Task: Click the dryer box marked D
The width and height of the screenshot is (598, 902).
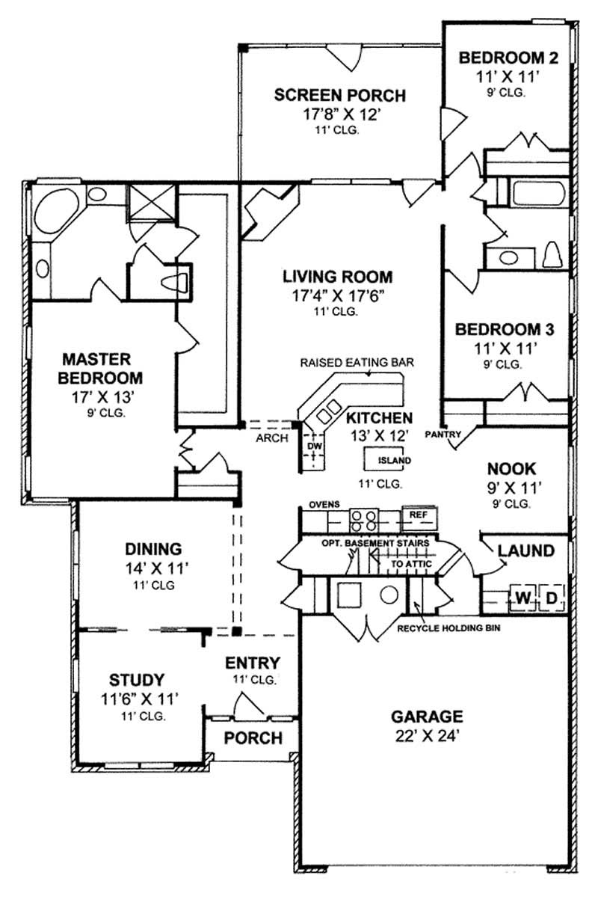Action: point(551,598)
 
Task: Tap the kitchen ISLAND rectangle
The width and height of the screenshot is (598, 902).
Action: point(388,460)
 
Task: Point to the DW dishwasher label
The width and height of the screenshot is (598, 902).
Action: point(314,447)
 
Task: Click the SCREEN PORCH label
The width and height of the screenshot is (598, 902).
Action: point(339,96)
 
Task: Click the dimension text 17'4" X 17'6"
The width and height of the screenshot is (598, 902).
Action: point(337,295)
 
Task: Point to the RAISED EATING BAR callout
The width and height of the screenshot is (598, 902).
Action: point(357,363)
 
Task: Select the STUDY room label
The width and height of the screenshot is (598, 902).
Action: point(137,680)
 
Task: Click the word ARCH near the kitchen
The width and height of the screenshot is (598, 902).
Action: point(271,438)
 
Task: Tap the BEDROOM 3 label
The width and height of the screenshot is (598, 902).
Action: point(505,329)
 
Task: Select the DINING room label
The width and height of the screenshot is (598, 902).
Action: point(153,548)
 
